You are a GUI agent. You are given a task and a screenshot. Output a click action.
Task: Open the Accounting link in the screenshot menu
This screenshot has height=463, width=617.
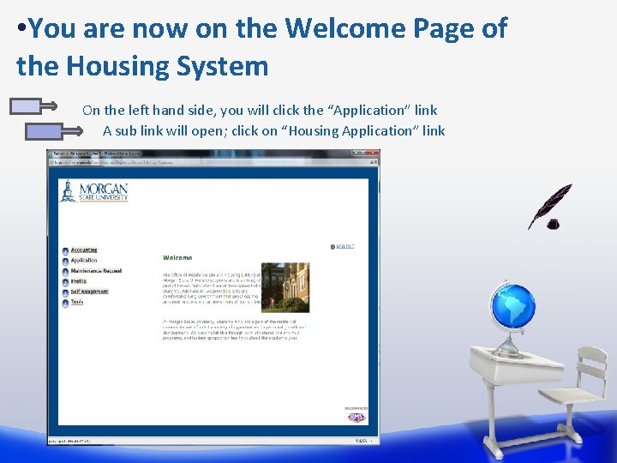tap(84, 250)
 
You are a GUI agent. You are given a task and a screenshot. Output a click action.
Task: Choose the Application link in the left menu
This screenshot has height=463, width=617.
tap(84, 261)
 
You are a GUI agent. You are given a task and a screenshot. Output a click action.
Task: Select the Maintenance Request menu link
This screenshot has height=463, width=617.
tap(96, 271)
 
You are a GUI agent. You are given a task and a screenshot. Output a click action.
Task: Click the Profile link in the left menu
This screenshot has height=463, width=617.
tap(78, 281)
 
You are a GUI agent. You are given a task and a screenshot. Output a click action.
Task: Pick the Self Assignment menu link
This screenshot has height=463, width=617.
tap(89, 292)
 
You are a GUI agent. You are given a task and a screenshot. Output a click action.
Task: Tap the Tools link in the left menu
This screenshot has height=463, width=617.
tap(77, 302)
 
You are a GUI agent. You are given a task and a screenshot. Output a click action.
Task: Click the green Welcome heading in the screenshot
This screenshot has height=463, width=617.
tap(177, 257)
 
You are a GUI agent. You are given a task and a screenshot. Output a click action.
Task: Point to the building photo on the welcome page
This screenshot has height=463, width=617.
tap(285, 287)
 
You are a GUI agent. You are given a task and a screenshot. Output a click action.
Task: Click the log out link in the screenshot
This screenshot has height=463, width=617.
tap(344, 247)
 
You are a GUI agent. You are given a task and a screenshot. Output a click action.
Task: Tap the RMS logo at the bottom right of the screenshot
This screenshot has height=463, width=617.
tap(357, 417)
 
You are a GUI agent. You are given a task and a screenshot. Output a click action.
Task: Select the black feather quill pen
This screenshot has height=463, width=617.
tap(548, 207)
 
